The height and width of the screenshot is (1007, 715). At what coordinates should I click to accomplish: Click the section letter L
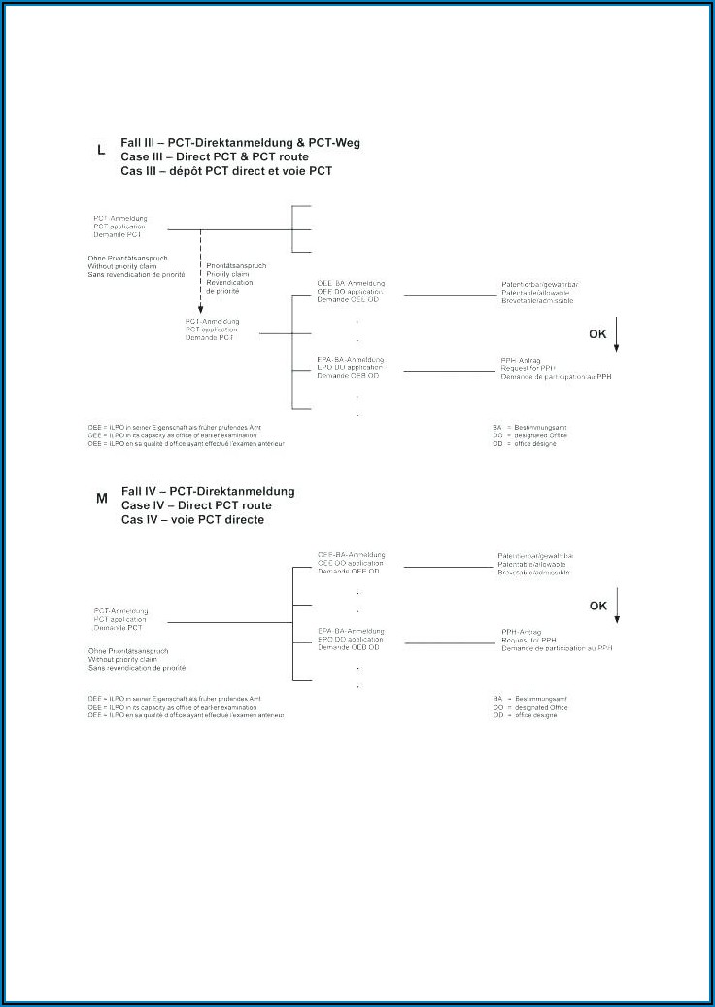tap(101, 151)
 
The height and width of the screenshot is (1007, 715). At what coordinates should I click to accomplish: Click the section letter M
tap(101, 499)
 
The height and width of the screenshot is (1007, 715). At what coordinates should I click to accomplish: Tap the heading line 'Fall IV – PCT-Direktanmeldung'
tap(208, 491)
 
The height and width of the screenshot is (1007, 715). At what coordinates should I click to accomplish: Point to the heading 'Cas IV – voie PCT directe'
tap(192, 520)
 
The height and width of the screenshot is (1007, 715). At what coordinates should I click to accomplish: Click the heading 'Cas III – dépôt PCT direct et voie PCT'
tap(226, 171)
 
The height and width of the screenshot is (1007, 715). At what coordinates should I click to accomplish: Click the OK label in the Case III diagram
tap(598, 334)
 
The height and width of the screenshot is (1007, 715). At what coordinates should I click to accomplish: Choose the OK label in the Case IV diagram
tap(598, 606)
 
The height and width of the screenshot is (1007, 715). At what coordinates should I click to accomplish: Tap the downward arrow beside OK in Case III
tap(617, 336)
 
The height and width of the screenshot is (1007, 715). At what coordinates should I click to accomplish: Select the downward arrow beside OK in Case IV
tap(617, 608)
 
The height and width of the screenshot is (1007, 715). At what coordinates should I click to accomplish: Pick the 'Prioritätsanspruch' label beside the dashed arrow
tap(236, 265)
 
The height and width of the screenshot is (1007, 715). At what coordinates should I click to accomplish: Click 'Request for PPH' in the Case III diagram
tap(528, 368)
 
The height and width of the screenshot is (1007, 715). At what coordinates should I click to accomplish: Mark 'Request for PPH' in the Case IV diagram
tap(528, 640)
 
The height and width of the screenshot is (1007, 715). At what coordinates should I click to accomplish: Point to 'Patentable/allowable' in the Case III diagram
tap(535, 293)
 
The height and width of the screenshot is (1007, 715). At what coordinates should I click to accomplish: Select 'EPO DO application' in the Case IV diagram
tap(351, 639)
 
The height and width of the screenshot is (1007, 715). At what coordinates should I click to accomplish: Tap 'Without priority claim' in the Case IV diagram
tap(122, 659)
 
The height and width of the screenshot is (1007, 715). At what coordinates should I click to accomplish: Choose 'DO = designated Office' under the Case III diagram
tap(529, 435)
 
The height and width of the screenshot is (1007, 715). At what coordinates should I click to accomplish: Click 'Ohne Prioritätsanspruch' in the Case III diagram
tap(127, 258)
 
